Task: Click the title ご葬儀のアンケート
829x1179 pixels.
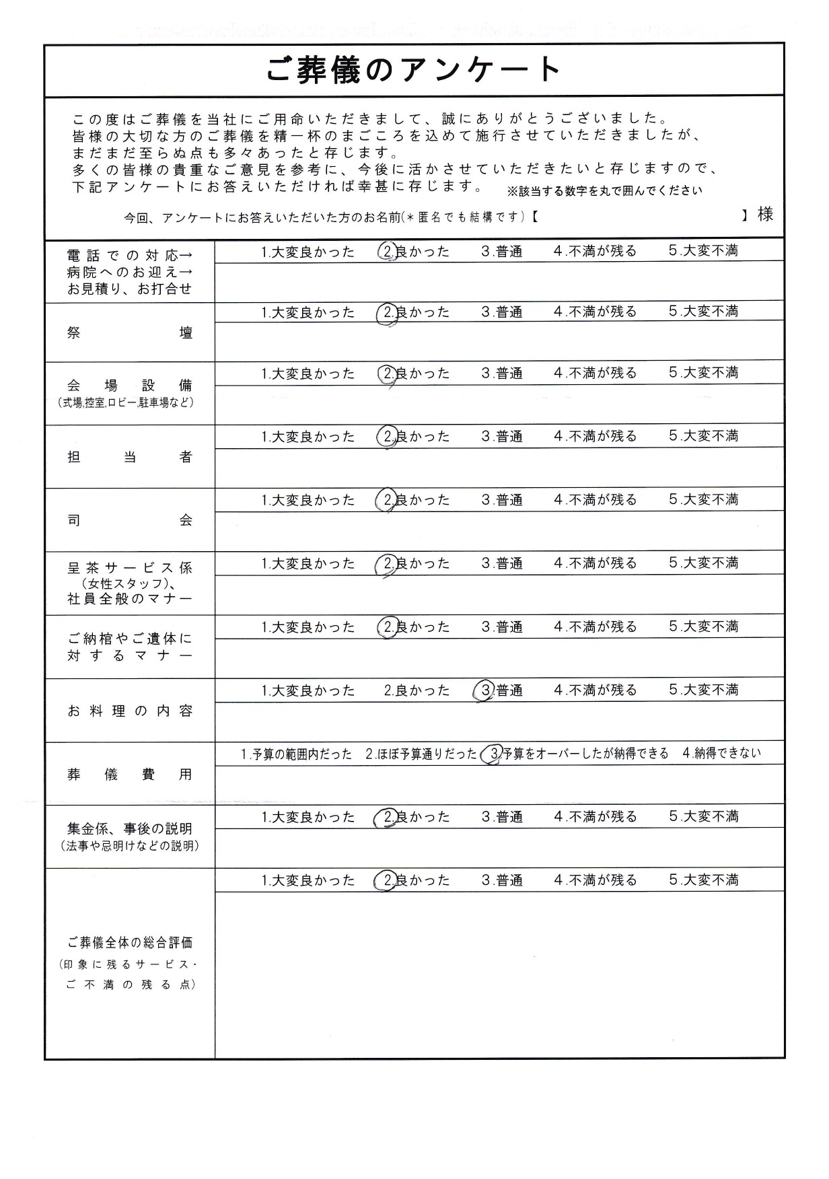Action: (413, 69)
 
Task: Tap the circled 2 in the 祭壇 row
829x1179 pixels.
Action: (387, 312)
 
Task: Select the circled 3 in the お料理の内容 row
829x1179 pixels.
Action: (484, 690)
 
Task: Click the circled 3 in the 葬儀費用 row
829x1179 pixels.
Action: (495, 754)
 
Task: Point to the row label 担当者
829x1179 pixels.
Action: (130, 458)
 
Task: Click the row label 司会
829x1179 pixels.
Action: (130, 520)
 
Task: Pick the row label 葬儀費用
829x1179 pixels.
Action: (130, 775)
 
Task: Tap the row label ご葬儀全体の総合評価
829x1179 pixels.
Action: (130, 943)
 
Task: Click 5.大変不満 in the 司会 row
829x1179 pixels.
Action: (703, 499)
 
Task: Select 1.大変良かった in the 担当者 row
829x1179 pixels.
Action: (308, 437)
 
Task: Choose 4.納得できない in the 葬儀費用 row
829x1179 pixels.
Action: (721, 753)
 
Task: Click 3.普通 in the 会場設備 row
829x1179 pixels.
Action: (501, 373)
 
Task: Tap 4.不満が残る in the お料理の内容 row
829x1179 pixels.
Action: (595, 690)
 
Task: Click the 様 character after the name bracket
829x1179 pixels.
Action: (765, 215)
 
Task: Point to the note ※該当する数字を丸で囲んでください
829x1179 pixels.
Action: (604, 190)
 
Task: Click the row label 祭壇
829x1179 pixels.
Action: (130, 333)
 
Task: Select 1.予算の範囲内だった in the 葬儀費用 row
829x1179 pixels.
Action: (296, 754)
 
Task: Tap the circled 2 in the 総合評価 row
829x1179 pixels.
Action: (387, 880)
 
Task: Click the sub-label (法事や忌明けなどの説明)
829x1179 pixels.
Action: (130, 846)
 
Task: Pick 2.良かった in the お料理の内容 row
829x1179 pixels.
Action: (417, 690)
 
